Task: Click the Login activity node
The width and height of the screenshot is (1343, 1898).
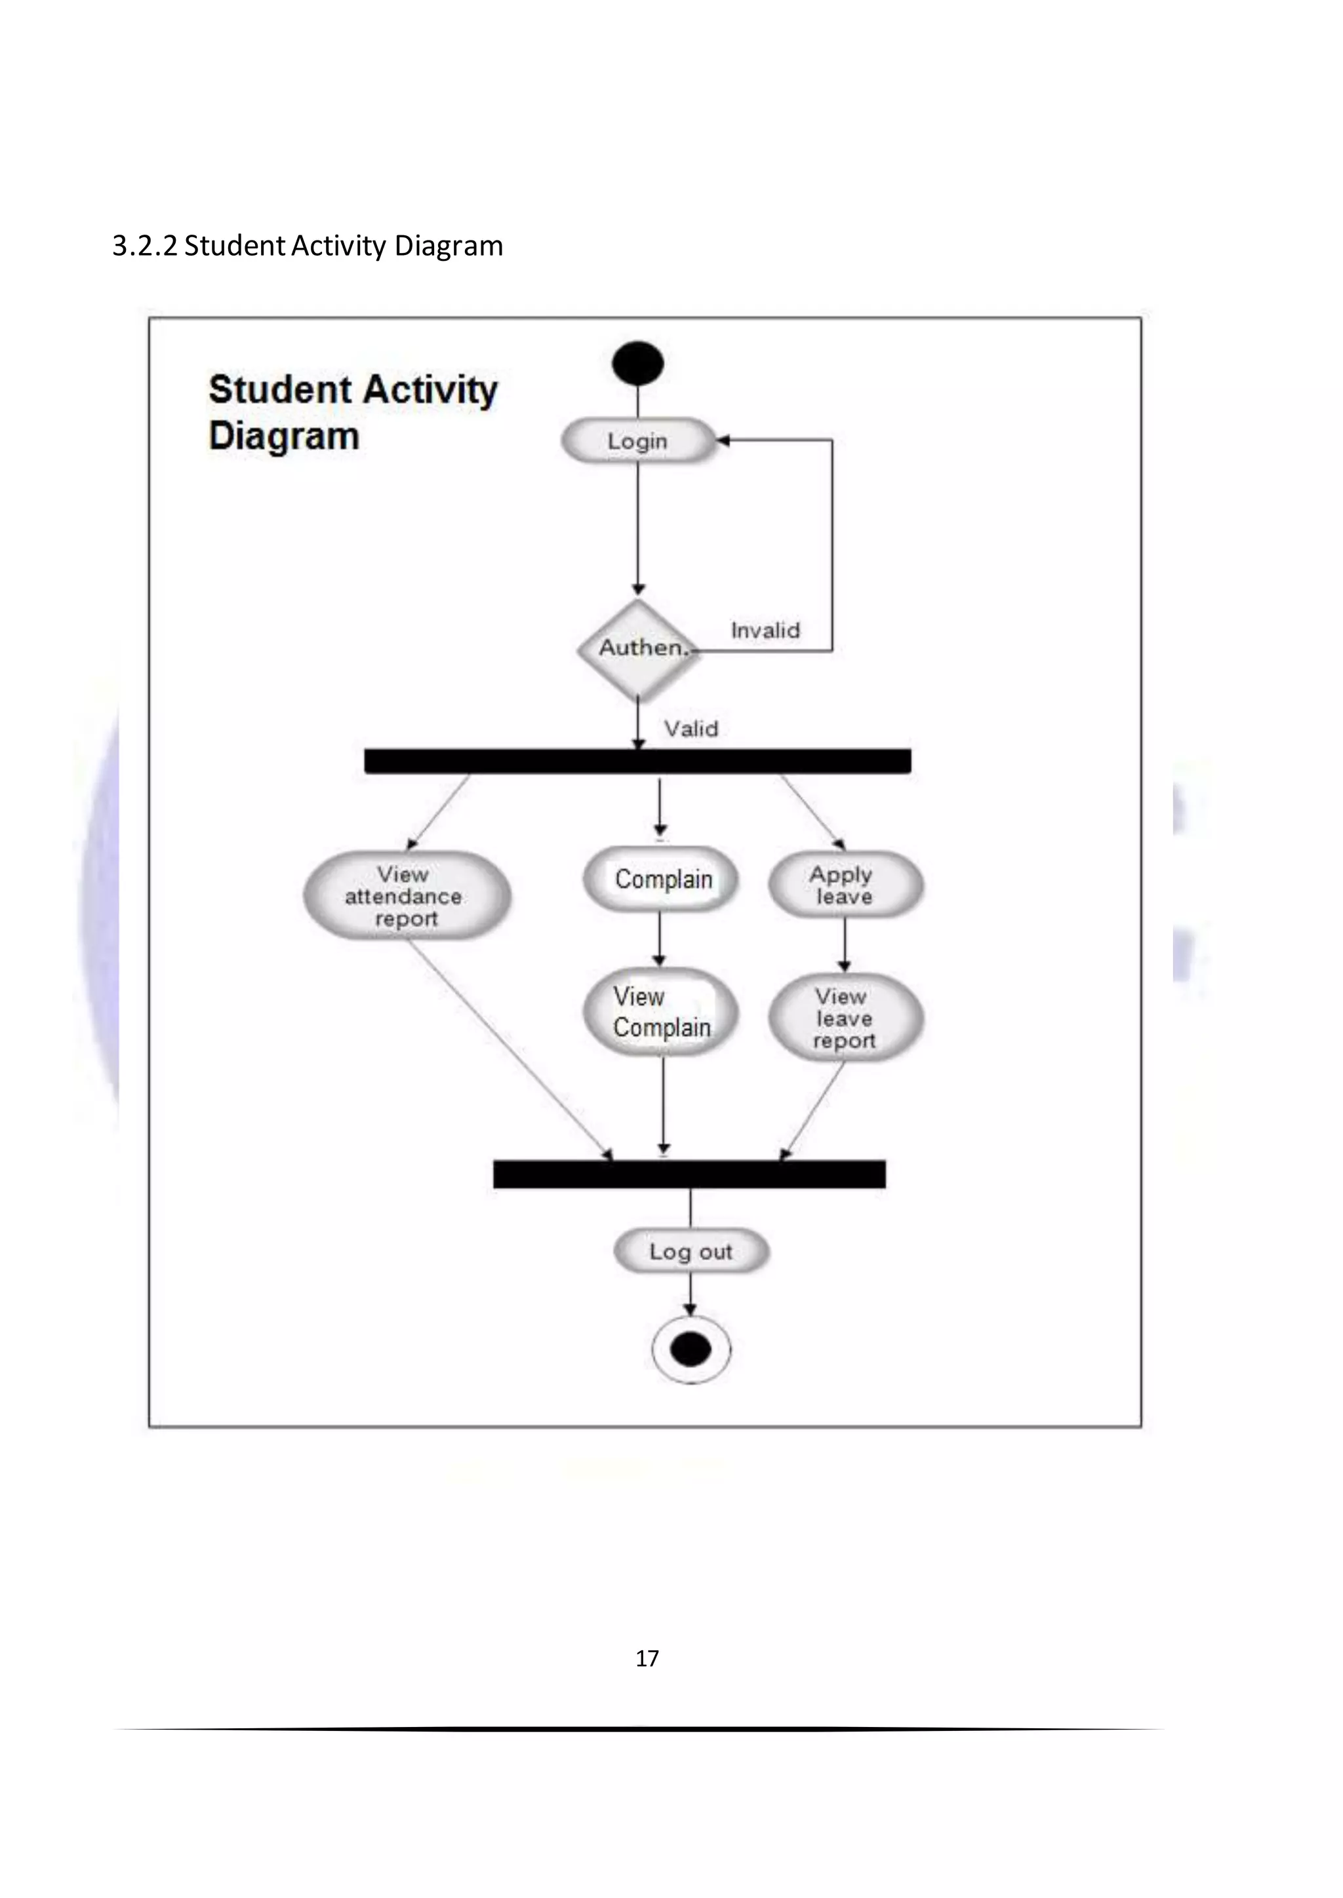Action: [637, 440]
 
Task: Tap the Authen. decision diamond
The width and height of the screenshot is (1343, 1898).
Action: [637, 648]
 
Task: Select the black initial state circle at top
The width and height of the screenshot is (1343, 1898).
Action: [637, 364]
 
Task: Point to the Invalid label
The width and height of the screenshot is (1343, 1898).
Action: [765, 630]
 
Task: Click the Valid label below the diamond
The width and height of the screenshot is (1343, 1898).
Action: [691, 729]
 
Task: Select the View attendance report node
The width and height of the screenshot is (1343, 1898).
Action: [406, 896]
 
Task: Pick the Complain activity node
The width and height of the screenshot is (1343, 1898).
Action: [662, 880]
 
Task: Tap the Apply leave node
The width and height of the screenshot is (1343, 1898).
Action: [845, 885]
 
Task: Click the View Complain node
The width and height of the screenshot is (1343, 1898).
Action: [662, 1012]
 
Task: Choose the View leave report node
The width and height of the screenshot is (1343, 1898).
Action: [845, 1018]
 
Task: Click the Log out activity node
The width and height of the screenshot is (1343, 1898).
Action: [691, 1252]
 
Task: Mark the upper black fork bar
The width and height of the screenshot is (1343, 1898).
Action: [637, 762]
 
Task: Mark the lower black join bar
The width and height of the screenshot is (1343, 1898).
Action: [689, 1174]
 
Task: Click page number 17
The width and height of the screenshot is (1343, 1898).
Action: [647, 1658]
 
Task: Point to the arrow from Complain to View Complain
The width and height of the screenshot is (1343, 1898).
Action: [659, 939]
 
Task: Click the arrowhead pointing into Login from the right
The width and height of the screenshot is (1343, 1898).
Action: [723, 440]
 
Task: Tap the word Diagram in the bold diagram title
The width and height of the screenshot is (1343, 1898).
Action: [284, 436]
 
